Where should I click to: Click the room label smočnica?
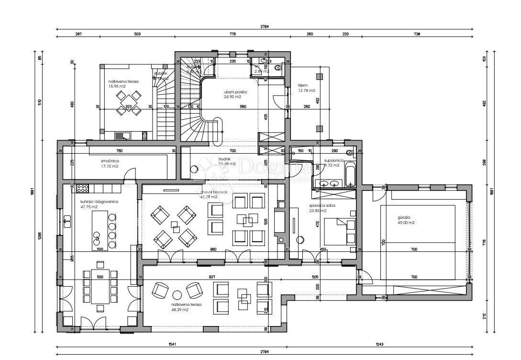click(97, 161)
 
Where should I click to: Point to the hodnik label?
click(225, 158)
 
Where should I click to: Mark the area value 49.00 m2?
click(406, 223)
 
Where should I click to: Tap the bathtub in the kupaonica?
click(350, 174)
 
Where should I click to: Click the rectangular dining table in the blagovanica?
click(100, 286)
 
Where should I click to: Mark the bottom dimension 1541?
click(171, 344)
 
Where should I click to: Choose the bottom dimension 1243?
click(379, 344)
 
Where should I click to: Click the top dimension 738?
click(416, 34)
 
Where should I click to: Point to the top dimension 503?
click(137, 34)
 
